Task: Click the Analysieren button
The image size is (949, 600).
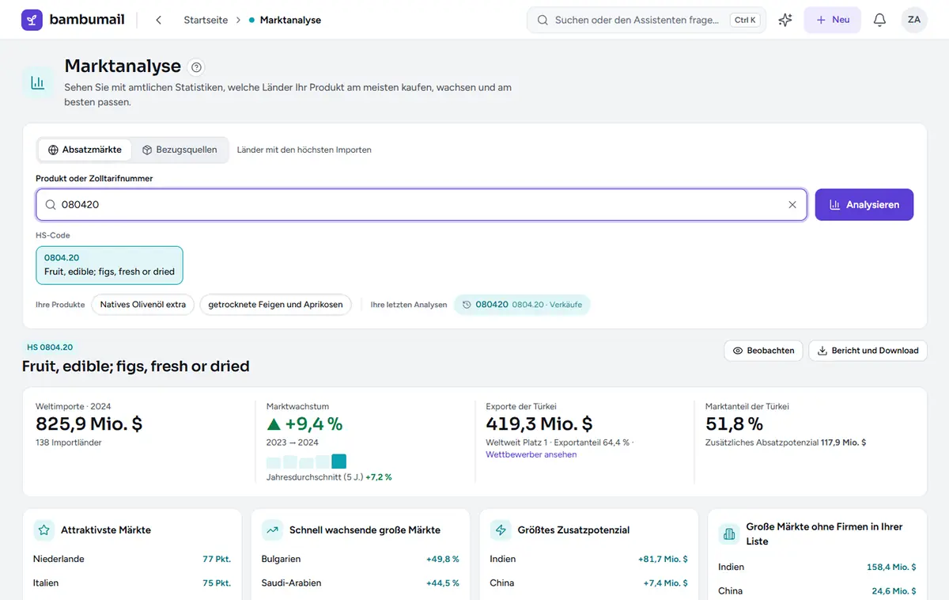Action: pyautogui.click(x=864, y=205)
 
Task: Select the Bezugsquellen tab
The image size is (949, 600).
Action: pyautogui.click(x=180, y=150)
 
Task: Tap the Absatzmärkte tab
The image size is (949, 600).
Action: pyautogui.click(x=85, y=150)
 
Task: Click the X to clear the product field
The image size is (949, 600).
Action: pyautogui.click(x=792, y=205)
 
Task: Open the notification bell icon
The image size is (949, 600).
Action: pyautogui.click(x=879, y=20)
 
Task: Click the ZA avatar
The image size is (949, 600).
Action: pyautogui.click(x=914, y=20)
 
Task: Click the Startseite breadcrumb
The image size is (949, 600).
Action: pyautogui.click(x=206, y=20)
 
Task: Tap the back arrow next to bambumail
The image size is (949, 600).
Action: pyautogui.click(x=158, y=20)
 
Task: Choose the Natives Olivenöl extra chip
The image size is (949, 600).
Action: pyautogui.click(x=143, y=305)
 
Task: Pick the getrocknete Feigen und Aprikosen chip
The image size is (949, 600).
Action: pyautogui.click(x=275, y=305)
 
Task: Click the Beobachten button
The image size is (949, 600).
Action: pyautogui.click(x=763, y=351)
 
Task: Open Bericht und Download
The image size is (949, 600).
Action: pyautogui.click(x=868, y=351)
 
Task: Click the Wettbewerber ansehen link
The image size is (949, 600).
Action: pyautogui.click(x=531, y=454)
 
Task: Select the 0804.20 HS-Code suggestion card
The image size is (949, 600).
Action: pyautogui.click(x=109, y=265)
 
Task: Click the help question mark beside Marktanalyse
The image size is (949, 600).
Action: pyautogui.click(x=196, y=67)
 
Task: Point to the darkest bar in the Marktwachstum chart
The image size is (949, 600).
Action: pyautogui.click(x=339, y=461)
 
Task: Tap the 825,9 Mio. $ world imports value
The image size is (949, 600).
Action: pyautogui.click(x=89, y=423)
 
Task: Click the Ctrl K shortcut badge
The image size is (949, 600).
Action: pyautogui.click(x=745, y=20)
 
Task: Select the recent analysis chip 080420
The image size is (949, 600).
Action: pyautogui.click(x=522, y=305)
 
